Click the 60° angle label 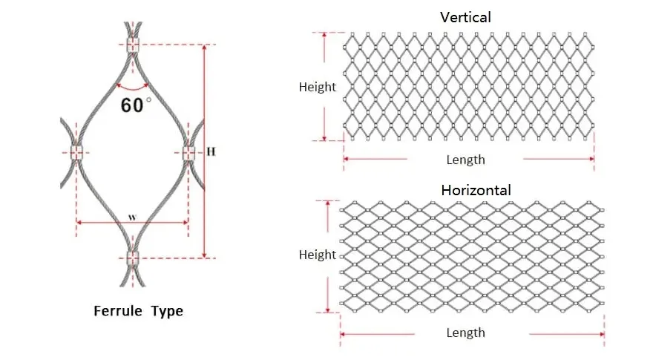[x=137, y=105]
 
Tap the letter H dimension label [x=211, y=151]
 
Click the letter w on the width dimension [x=132, y=217]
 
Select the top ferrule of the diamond [x=132, y=45]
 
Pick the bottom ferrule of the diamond [x=132, y=258]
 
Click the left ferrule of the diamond [x=76, y=152]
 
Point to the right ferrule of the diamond [x=188, y=153]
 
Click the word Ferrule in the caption [x=118, y=311]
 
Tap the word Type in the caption [x=167, y=311]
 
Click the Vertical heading [x=465, y=17]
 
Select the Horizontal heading [x=476, y=190]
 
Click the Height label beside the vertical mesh [x=318, y=87]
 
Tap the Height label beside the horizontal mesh [x=318, y=255]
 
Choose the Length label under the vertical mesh [x=465, y=160]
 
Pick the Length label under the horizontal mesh [x=465, y=333]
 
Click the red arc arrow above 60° [x=132, y=88]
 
